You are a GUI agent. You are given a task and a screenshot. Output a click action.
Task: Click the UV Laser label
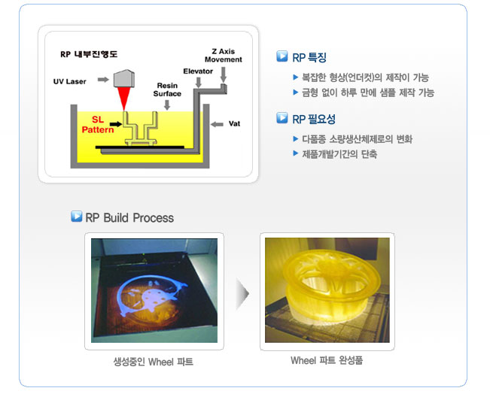pyautogui.click(x=69, y=81)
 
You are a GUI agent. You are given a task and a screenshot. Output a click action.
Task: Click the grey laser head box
pyautogui.click(x=123, y=78)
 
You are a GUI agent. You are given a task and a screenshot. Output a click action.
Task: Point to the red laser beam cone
pyautogui.click(x=124, y=99)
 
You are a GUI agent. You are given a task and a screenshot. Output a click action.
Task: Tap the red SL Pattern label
pyautogui.click(x=98, y=125)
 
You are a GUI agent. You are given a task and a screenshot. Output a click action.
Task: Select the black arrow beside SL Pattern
pyautogui.click(x=116, y=124)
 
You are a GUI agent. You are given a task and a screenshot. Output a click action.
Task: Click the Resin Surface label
pyautogui.click(x=167, y=89)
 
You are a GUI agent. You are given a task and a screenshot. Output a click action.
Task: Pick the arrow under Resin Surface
pyautogui.click(x=167, y=105)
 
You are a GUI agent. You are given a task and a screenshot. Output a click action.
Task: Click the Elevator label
pyautogui.click(x=198, y=71)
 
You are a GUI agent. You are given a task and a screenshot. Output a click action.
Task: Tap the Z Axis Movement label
pyautogui.click(x=223, y=56)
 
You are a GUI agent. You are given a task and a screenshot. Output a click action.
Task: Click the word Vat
pyautogui.click(x=234, y=123)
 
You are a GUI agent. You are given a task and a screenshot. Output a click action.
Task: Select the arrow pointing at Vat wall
pyautogui.click(x=217, y=124)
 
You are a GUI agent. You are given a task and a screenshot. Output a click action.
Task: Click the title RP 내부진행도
pyautogui.click(x=89, y=54)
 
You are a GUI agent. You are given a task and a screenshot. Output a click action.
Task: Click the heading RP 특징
pyautogui.click(x=309, y=57)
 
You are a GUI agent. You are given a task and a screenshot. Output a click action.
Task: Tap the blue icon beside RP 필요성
pyautogui.click(x=282, y=118)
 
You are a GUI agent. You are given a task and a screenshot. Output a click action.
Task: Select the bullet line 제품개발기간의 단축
pyautogui.click(x=339, y=154)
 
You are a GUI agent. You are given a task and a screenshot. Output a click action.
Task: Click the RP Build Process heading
pyautogui.click(x=129, y=217)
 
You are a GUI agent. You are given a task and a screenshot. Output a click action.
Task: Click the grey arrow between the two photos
pyautogui.click(x=242, y=294)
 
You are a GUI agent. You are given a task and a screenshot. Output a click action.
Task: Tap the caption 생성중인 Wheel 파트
pyautogui.click(x=153, y=362)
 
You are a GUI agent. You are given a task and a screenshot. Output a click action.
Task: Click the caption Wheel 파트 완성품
pyautogui.click(x=327, y=360)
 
